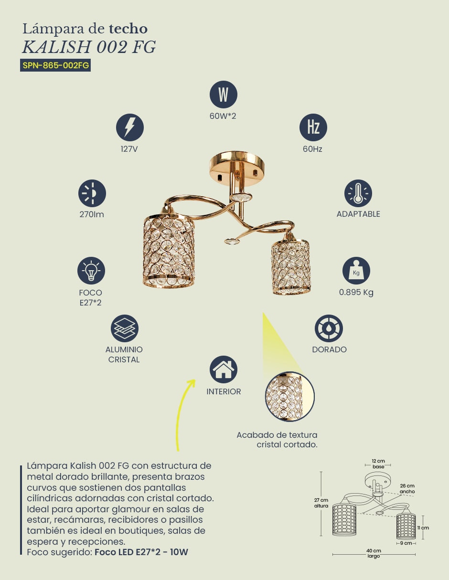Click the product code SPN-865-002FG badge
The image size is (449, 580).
tap(55, 65)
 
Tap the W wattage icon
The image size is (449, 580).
tap(224, 95)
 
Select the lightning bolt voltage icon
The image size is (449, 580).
tap(130, 127)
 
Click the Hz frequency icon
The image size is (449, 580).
tap(313, 127)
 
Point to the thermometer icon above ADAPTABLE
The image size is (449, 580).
tap(358, 193)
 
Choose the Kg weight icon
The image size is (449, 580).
tap(356, 271)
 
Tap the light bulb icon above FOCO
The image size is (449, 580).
tap(91, 271)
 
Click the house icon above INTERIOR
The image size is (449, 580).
tap(224, 369)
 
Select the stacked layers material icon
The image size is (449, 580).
tap(125, 328)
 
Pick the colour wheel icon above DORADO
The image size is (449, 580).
tap(329, 328)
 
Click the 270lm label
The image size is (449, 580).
tap(92, 214)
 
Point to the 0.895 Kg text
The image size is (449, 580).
tap(356, 292)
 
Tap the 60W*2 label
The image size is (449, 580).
tap(223, 116)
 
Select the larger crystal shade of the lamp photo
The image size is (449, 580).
tap(169, 251)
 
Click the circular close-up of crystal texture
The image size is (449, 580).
tap(289, 397)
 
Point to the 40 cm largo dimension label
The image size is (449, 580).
tap(374, 553)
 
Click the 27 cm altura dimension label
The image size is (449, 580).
tap(321, 503)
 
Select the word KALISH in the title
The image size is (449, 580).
tap(56, 47)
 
